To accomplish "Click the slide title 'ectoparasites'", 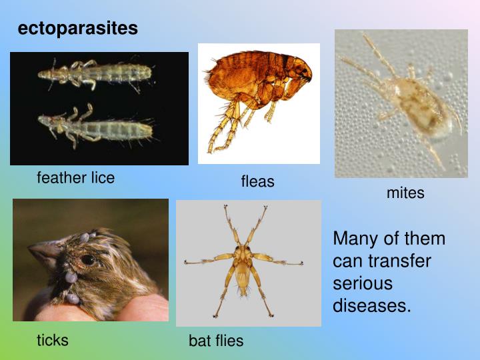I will click(78, 29).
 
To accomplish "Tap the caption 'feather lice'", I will click(75, 177).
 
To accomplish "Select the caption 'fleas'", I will click(257, 181).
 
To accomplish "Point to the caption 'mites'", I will click(405, 193).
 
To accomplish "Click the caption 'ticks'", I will click(53, 340).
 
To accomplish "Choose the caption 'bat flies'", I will click(216, 341).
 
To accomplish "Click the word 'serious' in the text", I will click(363, 283).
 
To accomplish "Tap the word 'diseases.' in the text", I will click(372, 305).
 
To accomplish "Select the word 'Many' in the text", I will click(355, 239).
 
